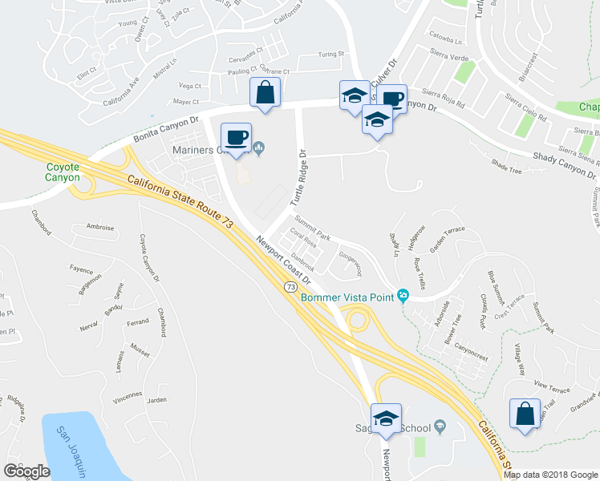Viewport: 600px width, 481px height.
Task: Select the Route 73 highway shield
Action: [290, 286]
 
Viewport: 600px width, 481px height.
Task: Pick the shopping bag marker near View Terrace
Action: [525, 414]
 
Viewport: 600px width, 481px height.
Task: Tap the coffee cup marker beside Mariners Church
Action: [235, 137]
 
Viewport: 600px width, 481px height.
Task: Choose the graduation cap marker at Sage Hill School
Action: [386, 419]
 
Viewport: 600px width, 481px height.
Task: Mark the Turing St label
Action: [330, 55]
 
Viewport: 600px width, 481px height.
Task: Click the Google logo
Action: [26, 471]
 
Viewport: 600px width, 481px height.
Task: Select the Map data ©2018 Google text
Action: [549, 475]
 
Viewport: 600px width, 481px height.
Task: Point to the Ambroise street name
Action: [99, 228]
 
